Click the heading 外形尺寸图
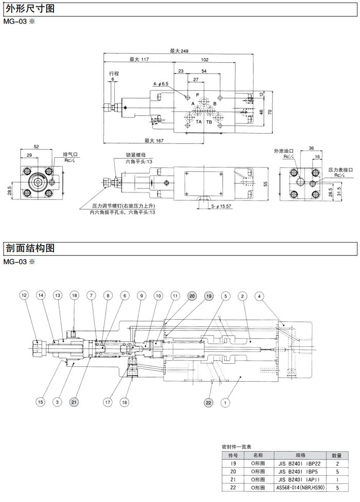click(x=28, y=9)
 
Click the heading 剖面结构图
click(x=28, y=248)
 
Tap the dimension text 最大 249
click(x=179, y=51)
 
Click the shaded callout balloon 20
click(x=192, y=296)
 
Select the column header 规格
click(x=300, y=455)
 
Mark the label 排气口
click(x=70, y=154)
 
